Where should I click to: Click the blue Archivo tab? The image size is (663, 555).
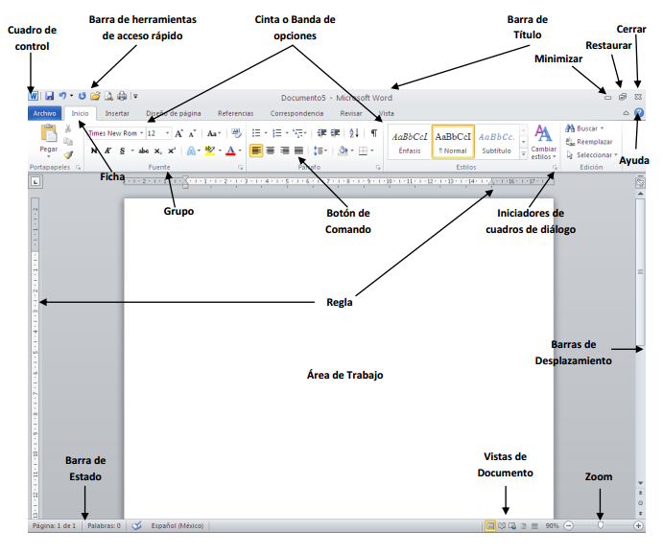pyautogui.click(x=45, y=113)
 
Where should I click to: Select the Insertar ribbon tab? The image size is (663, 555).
pyautogui.click(x=117, y=113)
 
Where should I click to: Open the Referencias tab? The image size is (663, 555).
pyautogui.click(x=236, y=113)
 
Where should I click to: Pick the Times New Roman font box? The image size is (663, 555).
pyautogui.click(x=112, y=133)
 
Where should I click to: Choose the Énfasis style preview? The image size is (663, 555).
pyautogui.click(x=410, y=141)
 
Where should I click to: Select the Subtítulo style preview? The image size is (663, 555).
pyautogui.click(x=496, y=141)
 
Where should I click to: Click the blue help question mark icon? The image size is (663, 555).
pyautogui.click(x=639, y=113)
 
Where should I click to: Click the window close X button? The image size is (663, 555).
pyautogui.click(x=639, y=97)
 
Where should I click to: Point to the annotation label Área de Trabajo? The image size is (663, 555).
pyautogui.click(x=344, y=375)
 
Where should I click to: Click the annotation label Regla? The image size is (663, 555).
pyautogui.click(x=339, y=302)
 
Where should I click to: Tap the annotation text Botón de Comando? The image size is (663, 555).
pyautogui.click(x=347, y=221)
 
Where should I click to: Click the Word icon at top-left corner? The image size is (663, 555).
pyautogui.click(x=34, y=97)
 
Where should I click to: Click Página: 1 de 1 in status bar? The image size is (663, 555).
pyautogui.click(x=54, y=526)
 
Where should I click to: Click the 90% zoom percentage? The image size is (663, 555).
pyautogui.click(x=552, y=526)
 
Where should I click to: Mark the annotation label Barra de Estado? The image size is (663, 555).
pyautogui.click(x=85, y=469)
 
